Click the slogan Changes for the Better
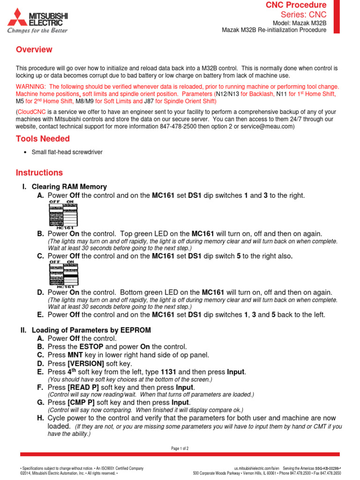[37, 30]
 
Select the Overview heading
[34, 50]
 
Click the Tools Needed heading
[43, 139]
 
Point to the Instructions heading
[39, 172]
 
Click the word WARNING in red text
[31, 87]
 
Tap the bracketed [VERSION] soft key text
[86, 363]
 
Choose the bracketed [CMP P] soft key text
[81, 402]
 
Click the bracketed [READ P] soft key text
[83, 387]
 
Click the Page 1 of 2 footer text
[180, 449]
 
